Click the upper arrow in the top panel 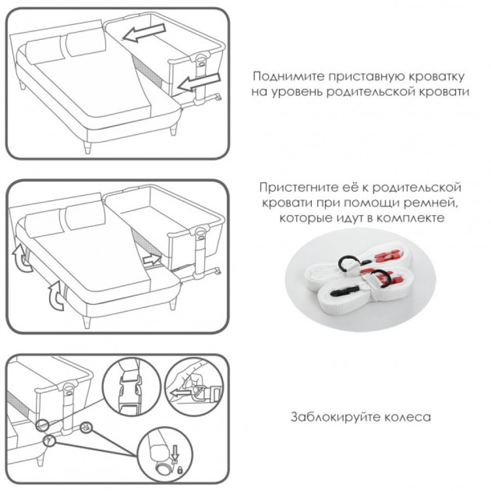(144, 32)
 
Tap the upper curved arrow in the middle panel (21, 258)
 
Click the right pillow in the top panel (85, 42)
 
